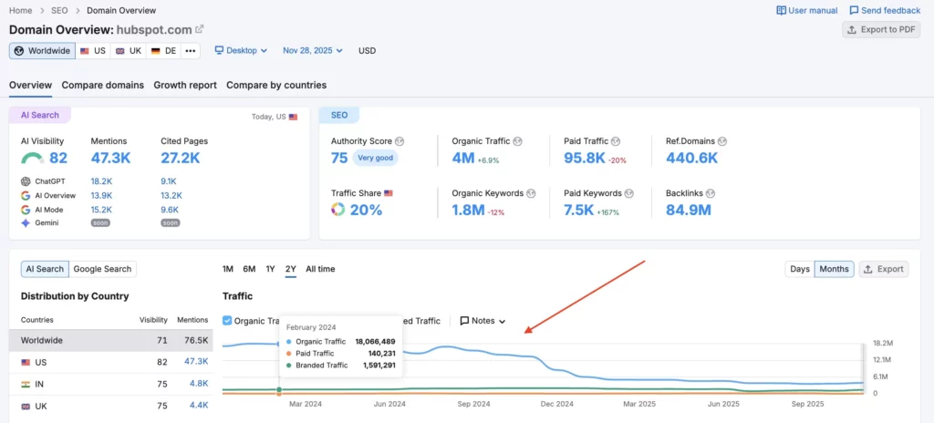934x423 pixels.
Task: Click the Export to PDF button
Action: (x=881, y=30)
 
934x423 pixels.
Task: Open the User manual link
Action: (x=806, y=11)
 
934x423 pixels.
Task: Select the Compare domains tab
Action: (x=103, y=86)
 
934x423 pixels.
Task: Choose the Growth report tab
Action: (x=185, y=86)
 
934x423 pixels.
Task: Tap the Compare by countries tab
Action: (x=276, y=86)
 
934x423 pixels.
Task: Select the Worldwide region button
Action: (x=42, y=51)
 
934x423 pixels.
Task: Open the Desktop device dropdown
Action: (x=241, y=51)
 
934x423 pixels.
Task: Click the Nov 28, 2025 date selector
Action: (x=312, y=51)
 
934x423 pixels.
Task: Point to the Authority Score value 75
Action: (x=339, y=158)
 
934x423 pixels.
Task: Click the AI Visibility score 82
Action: (x=58, y=158)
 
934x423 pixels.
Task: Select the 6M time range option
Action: (x=249, y=269)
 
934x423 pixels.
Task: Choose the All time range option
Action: (x=320, y=269)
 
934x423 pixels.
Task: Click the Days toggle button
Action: (x=799, y=269)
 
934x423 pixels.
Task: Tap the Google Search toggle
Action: (x=103, y=269)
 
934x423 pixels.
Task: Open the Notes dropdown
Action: (x=483, y=321)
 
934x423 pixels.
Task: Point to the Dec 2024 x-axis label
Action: (x=557, y=403)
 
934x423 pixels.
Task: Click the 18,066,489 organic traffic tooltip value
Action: (x=375, y=341)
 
